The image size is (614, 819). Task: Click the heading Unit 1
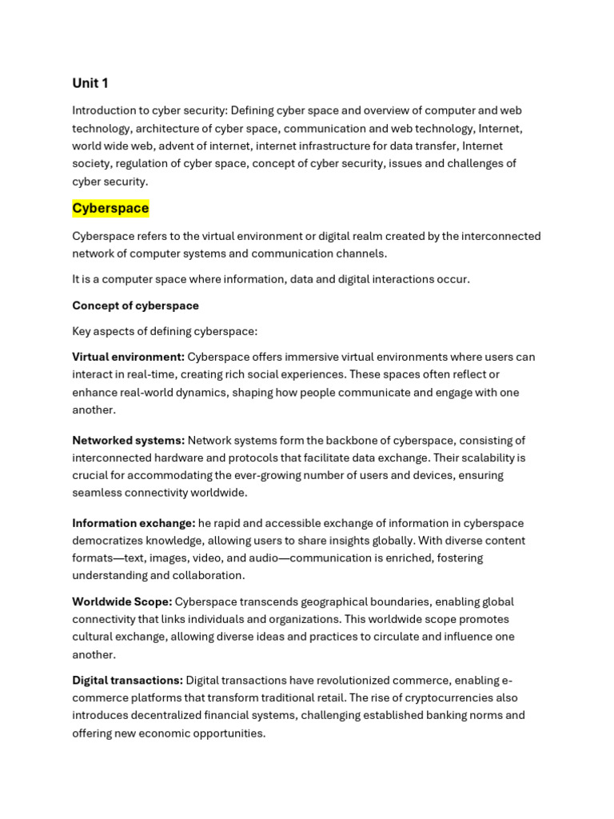pos(90,83)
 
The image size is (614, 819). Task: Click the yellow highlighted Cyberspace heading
pos(110,208)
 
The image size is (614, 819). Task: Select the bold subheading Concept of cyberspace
pos(135,306)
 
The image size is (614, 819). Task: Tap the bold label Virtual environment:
pos(128,357)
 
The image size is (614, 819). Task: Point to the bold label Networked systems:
pos(128,440)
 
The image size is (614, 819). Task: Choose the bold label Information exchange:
pos(134,523)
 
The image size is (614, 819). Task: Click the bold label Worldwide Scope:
pos(122,601)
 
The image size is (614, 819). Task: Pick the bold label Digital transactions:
pos(128,680)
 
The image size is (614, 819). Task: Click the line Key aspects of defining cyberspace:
pos(165,331)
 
